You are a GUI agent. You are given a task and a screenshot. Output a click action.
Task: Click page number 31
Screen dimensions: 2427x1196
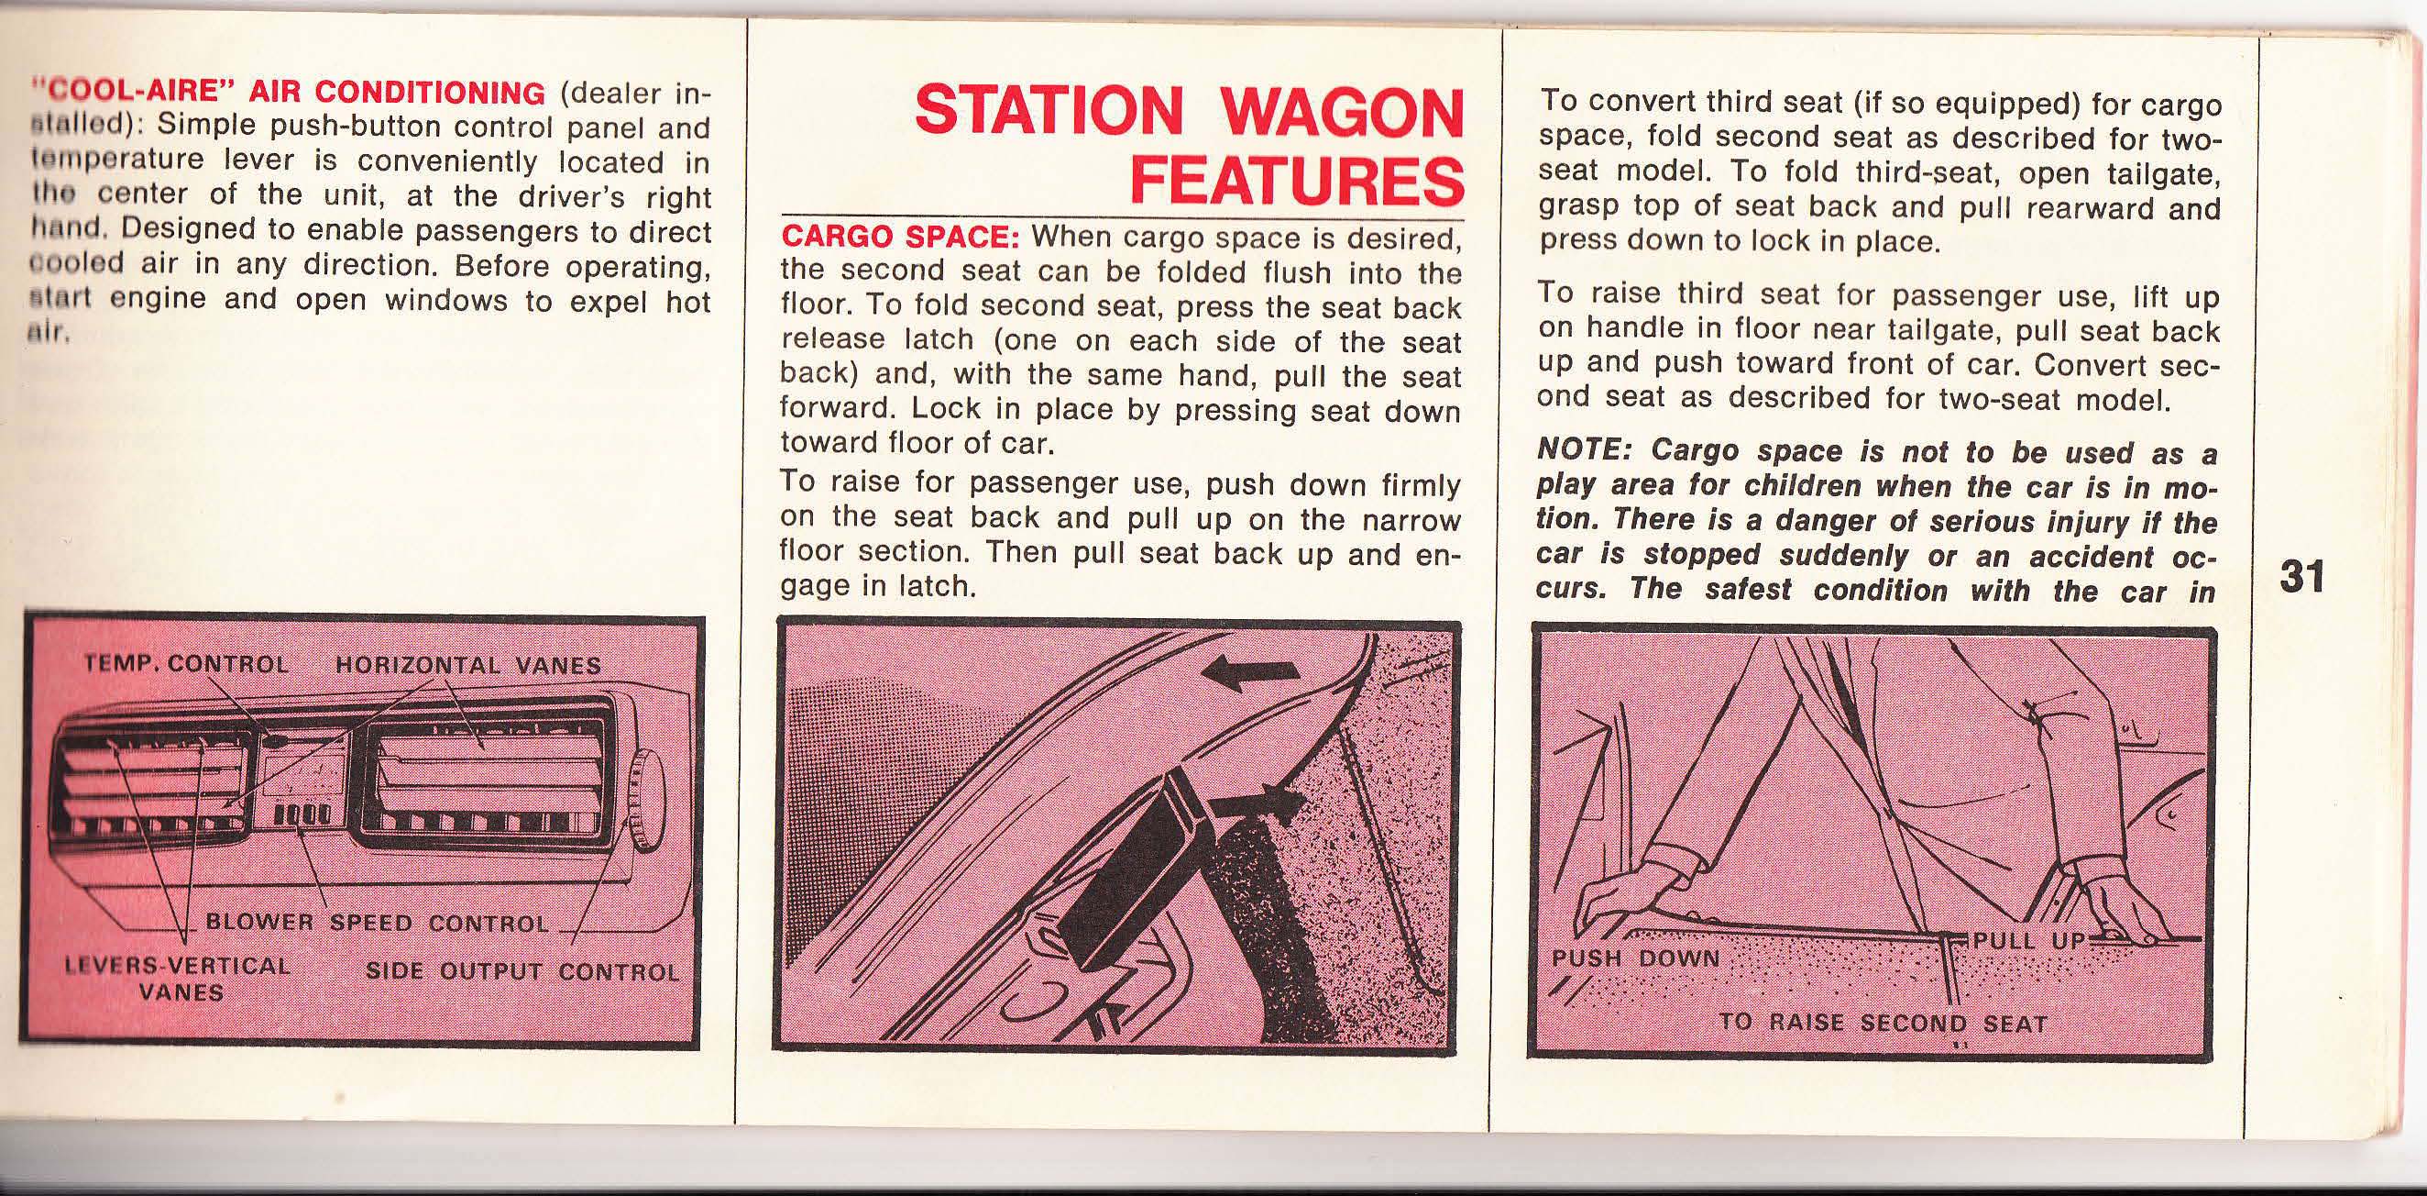pyautogui.click(x=2301, y=577)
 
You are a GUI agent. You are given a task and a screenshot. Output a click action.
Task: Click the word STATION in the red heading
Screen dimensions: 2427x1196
pyautogui.click(x=1048, y=111)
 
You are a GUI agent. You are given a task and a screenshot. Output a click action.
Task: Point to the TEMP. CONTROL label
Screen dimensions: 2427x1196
pyautogui.click(x=186, y=662)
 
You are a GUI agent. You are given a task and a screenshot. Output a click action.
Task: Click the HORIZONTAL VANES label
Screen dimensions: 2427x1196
pyautogui.click(x=468, y=664)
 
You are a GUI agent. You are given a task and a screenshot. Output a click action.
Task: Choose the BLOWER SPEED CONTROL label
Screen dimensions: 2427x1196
pyautogui.click(x=377, y=923)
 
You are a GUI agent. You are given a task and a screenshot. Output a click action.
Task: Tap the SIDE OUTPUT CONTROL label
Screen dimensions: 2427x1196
pyautogui.click(x=522, y=971)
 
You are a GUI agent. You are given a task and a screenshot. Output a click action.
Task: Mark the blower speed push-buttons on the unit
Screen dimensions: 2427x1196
pyautogui.click(x=302, y=812)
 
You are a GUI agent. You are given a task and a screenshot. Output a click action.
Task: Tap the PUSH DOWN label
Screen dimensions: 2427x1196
pyautogui.click(x=1636, y=959)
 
